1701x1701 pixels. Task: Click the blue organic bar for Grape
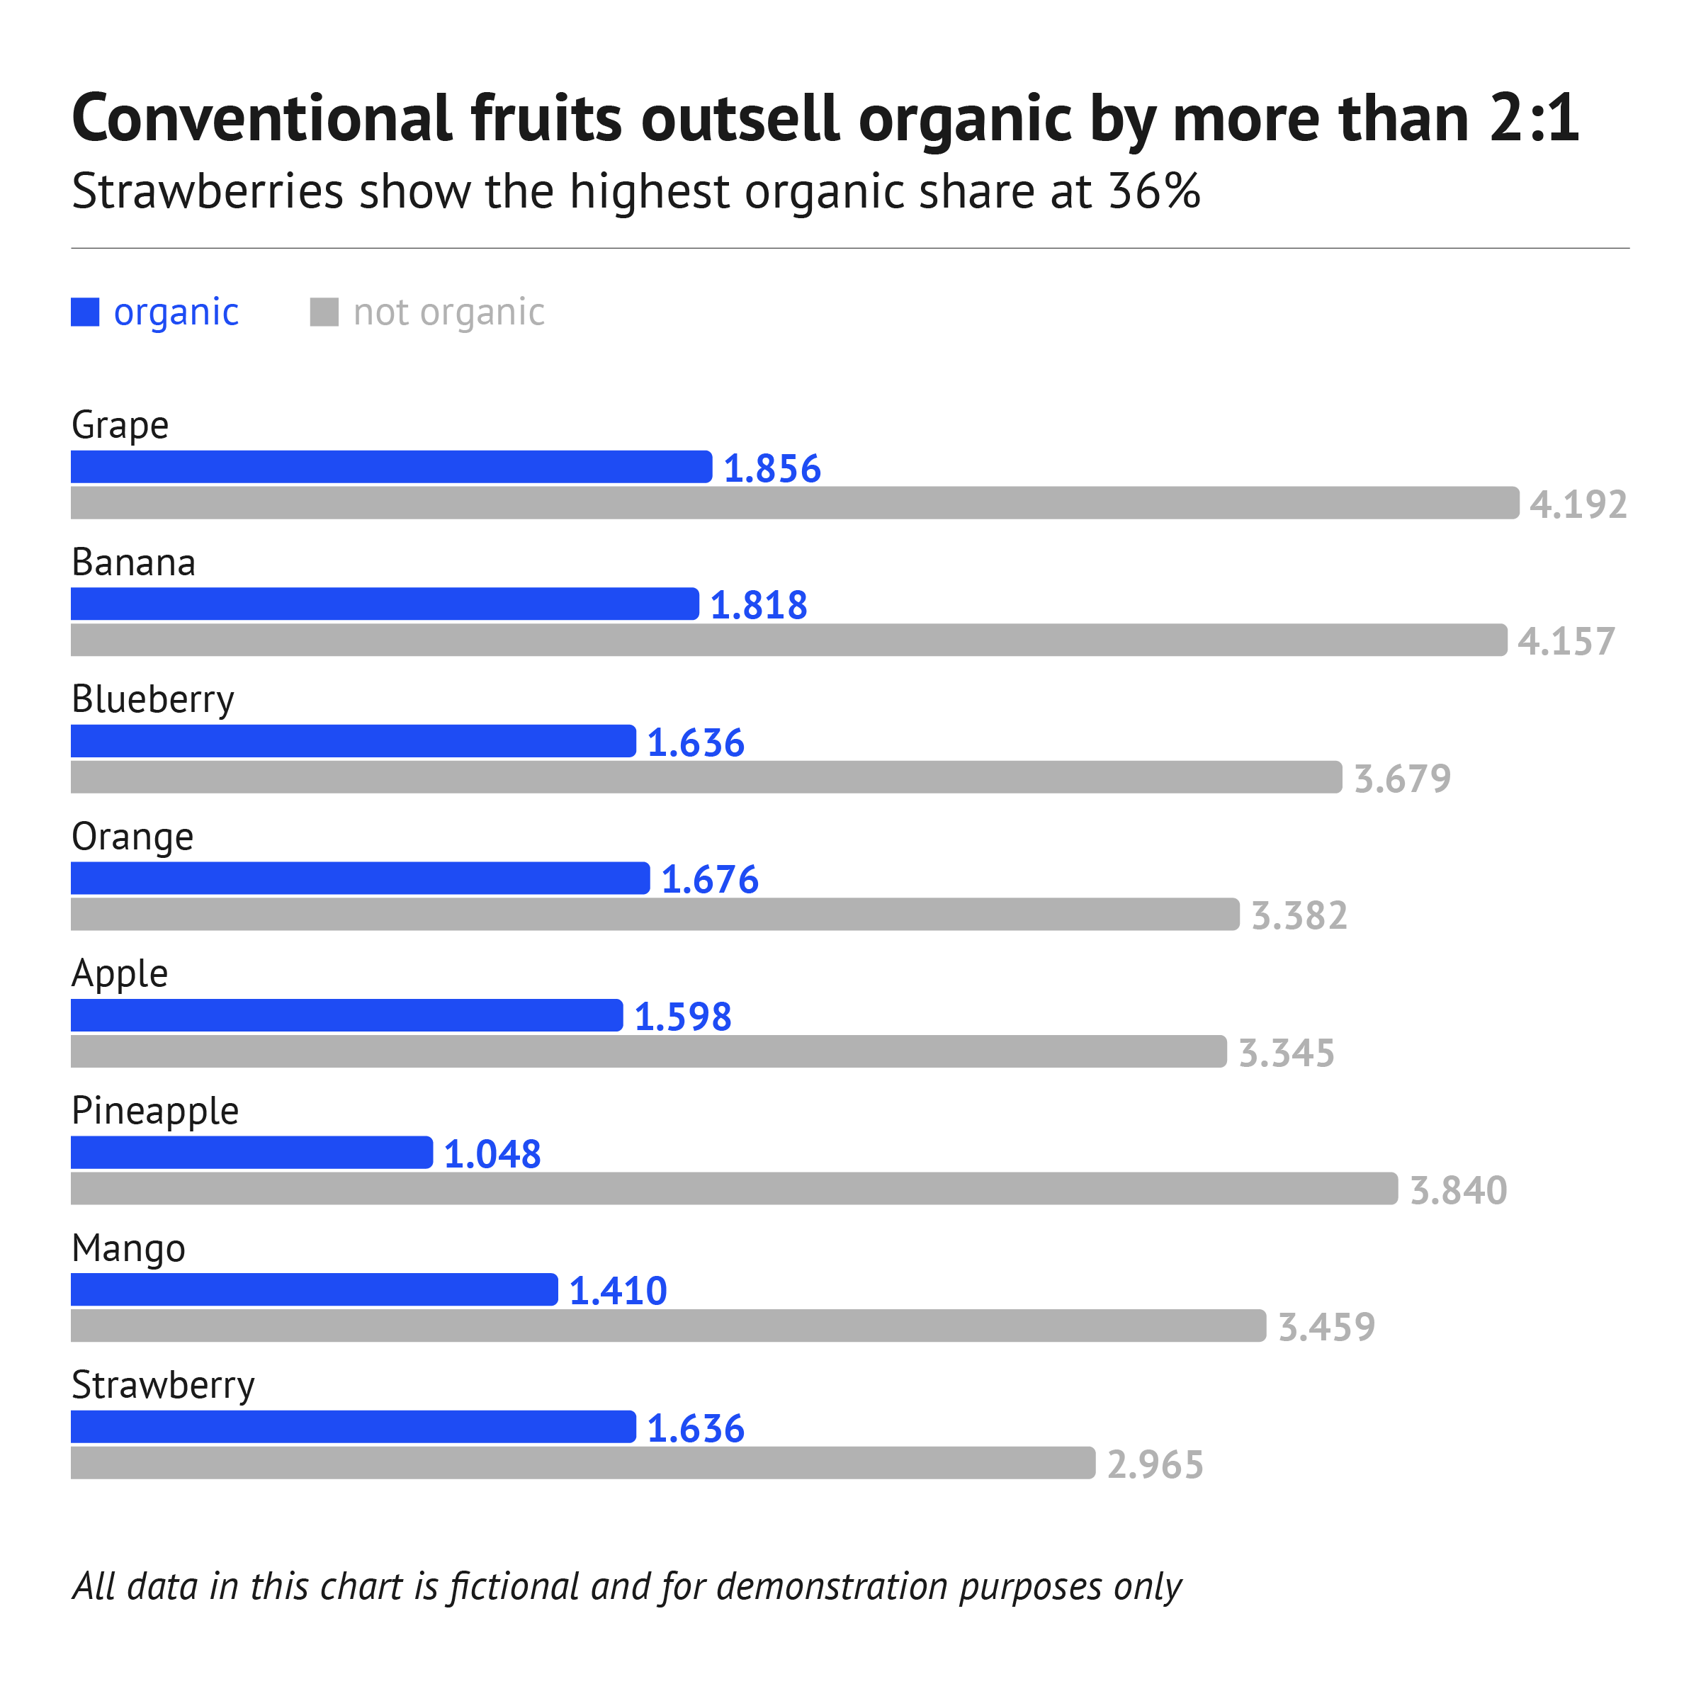point(391,467)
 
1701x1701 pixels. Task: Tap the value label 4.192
point(1578,504)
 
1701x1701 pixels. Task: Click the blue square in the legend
point(86,312)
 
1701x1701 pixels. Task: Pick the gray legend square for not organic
point(324,312)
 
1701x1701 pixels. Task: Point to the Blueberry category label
point(152,699)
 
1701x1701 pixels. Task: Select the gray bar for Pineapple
point(733,1189)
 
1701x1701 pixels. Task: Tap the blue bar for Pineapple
point(252,1153)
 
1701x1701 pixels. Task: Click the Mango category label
point(128,1248)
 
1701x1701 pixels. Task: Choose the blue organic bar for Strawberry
point(353,1426)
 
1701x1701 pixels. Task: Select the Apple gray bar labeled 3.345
point(648,1051)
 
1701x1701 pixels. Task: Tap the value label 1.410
point(618,1292)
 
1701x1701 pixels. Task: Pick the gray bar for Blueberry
point(706,776)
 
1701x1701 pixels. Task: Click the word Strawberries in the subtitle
point(208,191)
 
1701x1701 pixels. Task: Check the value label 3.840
point(1458,1190)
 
